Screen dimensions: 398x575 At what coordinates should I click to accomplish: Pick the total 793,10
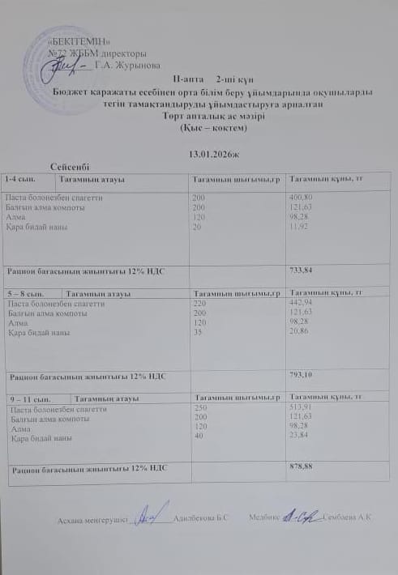click(x=302, y=373)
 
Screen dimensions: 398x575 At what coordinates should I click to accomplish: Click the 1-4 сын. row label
click(x=19, y=177)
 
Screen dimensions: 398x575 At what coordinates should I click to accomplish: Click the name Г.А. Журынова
click(x=127, y=65)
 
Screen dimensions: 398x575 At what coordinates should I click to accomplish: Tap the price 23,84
click(x=301, y=438)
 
